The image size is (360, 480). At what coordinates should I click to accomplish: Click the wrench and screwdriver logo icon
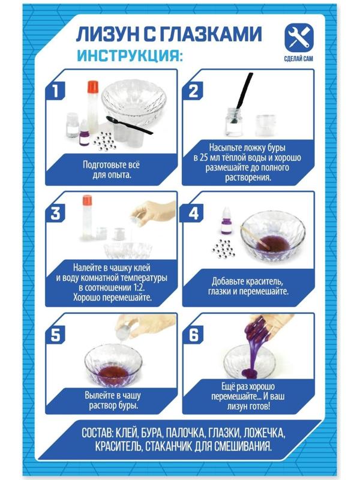(299, 38)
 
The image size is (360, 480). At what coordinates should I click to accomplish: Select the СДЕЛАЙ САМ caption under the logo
(298, 58)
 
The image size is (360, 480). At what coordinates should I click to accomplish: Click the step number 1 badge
(55, 91)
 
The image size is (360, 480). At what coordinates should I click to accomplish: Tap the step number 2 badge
(193, 91)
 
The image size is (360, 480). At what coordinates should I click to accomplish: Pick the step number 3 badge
(55, 213)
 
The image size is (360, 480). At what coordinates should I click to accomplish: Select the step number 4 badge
(193, 213)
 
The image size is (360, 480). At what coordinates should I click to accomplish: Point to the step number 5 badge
(55, 335)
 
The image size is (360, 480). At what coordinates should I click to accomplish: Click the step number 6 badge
(193, 335)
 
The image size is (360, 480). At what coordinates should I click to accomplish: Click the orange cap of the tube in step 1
(92, 86)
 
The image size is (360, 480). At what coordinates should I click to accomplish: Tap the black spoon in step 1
(129, 125)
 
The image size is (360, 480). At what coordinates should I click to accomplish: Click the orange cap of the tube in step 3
(87, 200)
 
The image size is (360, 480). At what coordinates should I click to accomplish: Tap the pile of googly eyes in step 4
(223, 248)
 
